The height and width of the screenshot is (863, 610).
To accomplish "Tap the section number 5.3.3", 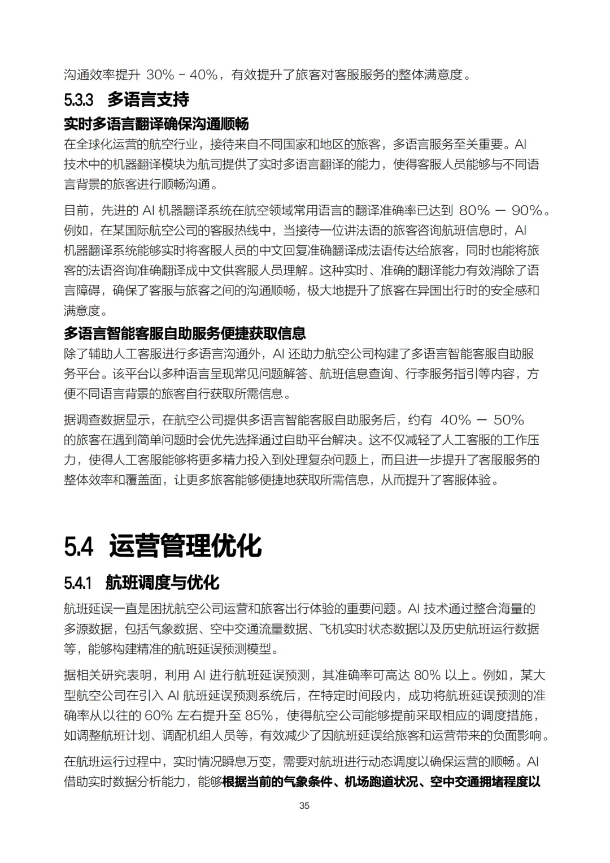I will (79, 100).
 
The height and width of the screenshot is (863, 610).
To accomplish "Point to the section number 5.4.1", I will (77, 583).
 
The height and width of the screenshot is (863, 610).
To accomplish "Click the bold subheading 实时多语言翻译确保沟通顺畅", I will (156, 124).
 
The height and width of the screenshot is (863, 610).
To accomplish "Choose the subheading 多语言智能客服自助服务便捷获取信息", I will (185, 333).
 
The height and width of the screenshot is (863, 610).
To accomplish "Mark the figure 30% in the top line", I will (160, 75).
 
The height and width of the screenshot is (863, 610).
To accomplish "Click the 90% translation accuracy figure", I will (527, 210).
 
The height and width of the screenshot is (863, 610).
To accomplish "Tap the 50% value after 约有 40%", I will (509, 420).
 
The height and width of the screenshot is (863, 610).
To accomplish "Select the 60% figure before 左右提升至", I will (159, 715).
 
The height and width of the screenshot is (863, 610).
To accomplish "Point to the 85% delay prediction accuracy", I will (259, 715).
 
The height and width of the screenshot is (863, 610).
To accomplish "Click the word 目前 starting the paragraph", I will (76, 210).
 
